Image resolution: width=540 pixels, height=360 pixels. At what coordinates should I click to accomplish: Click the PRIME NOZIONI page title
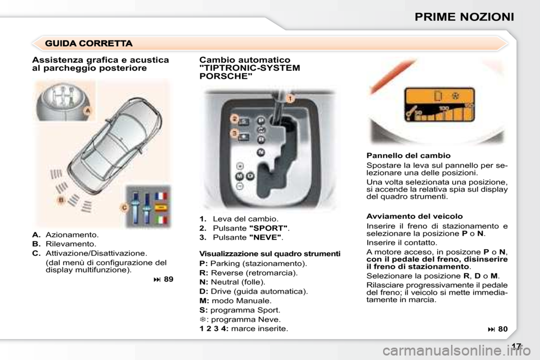[x=463, y=16]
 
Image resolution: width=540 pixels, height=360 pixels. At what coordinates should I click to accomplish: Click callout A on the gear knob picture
[x=88, y=111]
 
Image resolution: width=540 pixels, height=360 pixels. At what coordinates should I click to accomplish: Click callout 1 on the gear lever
[x=290, y=98]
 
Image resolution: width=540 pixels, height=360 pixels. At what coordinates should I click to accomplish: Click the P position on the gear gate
[x=261, y=120]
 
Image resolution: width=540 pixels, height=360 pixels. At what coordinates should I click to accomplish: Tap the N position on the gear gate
[x=261, y=152]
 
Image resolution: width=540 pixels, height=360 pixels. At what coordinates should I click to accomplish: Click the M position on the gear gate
[x=239, y=176]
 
